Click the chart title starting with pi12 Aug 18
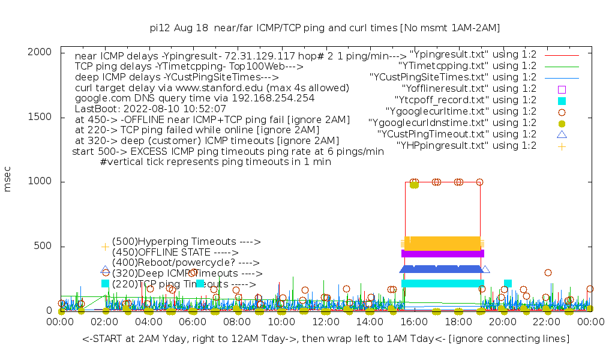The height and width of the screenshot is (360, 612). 325,28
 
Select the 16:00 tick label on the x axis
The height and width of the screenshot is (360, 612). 414,322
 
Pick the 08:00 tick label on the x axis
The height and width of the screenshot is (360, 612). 237,322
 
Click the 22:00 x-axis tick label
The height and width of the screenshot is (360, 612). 547,322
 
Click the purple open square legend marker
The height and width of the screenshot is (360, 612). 562,89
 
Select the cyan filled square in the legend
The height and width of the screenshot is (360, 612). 562,100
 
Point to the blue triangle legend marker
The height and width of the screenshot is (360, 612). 562,134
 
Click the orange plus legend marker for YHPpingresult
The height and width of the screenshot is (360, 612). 562,146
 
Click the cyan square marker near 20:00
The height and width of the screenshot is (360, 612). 508,283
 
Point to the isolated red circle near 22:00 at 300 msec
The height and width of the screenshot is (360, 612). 548,272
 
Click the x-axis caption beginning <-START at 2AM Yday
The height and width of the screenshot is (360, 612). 326,339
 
